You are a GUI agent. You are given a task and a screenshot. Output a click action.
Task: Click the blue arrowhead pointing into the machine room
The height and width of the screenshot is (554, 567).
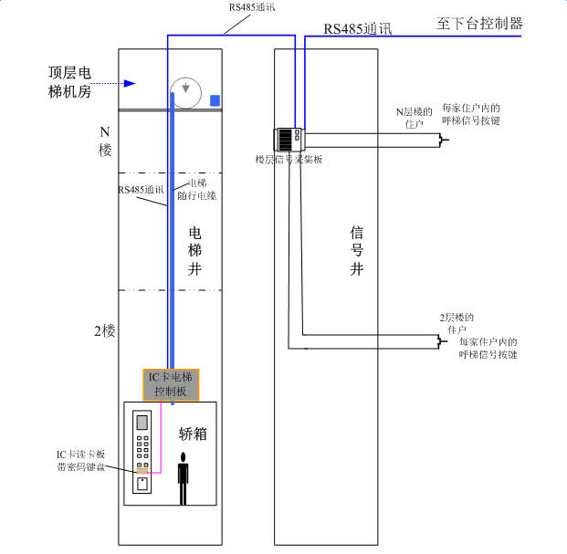tap(130, 84)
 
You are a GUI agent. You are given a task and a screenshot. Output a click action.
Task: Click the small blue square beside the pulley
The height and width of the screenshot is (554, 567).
tap(215, 100)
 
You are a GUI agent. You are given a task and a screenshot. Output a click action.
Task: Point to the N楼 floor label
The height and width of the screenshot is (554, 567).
tap(104, 141)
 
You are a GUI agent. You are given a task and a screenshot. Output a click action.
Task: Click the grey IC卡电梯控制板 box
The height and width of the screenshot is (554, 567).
tap(170, 384)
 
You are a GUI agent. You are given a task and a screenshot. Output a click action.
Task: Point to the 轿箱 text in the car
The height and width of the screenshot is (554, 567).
tap(193, 434)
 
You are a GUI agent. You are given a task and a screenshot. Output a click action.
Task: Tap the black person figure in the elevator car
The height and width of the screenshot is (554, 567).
tap(184, 477)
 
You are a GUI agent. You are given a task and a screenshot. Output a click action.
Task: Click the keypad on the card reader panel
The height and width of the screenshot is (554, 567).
tap(142, 450)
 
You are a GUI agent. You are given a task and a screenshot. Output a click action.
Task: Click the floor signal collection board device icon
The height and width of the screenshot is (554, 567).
tap(289, 139)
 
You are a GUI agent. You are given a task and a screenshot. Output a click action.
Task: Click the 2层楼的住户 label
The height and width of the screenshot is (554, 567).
tap(457, 322)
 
